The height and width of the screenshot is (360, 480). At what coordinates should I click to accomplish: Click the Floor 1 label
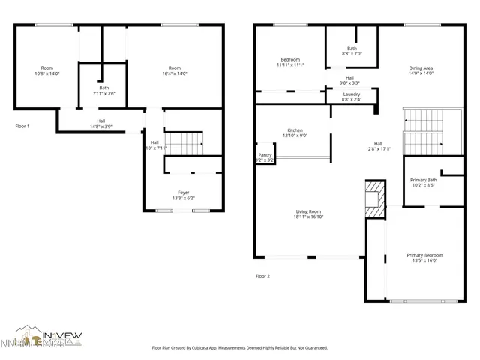[22, 127]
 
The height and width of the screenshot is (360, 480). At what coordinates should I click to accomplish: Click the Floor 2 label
[262, 276]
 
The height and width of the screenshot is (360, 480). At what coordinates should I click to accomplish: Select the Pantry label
[265, 155]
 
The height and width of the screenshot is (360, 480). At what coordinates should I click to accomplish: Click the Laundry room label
[352, 94]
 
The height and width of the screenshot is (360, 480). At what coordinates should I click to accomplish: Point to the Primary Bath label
[423, 180]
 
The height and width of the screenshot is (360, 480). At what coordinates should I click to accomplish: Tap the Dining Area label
[421, 67]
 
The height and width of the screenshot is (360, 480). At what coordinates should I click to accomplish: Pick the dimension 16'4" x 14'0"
[174, 73]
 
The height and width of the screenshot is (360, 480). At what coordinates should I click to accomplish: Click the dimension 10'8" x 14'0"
[46, 73]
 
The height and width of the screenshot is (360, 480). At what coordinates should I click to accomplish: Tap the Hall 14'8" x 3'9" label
[100, 124]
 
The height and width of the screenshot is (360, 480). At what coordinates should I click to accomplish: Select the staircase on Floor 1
[184, 141]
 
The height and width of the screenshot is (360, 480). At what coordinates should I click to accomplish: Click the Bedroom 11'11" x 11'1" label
[290, 62]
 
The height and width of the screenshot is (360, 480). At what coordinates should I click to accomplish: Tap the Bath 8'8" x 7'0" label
[352, 51]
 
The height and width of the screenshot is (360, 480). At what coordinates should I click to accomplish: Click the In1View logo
[49, 337]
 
